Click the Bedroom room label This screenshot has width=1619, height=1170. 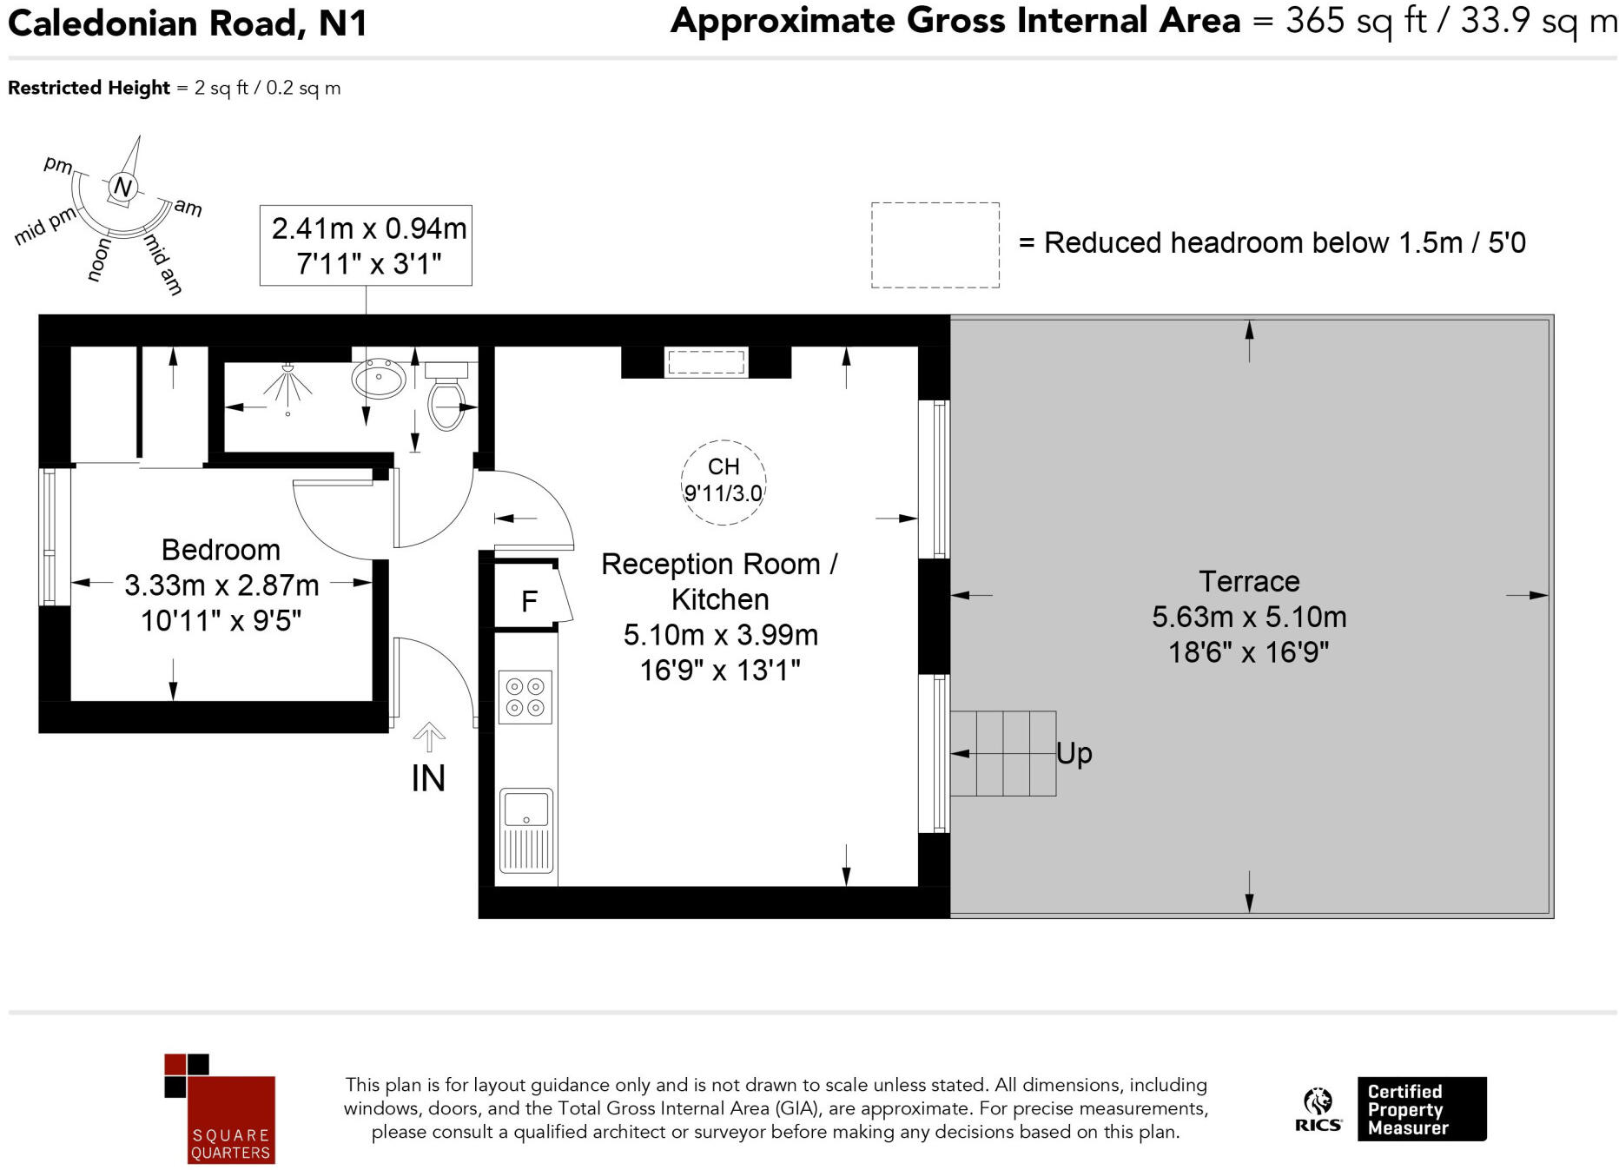221,550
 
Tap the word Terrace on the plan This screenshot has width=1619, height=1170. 1249,581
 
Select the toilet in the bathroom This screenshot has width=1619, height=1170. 446,396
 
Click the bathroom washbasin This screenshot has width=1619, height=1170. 380,379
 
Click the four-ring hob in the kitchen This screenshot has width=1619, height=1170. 525,697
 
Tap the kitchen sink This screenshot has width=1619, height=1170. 525,830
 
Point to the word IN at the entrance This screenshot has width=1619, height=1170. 428,778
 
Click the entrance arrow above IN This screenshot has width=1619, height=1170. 428,737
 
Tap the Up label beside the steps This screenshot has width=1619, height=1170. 1074,753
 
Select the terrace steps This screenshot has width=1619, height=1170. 1003,753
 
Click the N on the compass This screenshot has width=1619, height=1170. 122,187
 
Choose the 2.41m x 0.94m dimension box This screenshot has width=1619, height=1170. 366,246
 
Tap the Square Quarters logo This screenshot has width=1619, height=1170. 220,1108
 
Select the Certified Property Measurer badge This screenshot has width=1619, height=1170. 1422,1109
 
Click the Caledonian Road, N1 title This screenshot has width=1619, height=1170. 188,23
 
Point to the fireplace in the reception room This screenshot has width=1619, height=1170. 706,362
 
